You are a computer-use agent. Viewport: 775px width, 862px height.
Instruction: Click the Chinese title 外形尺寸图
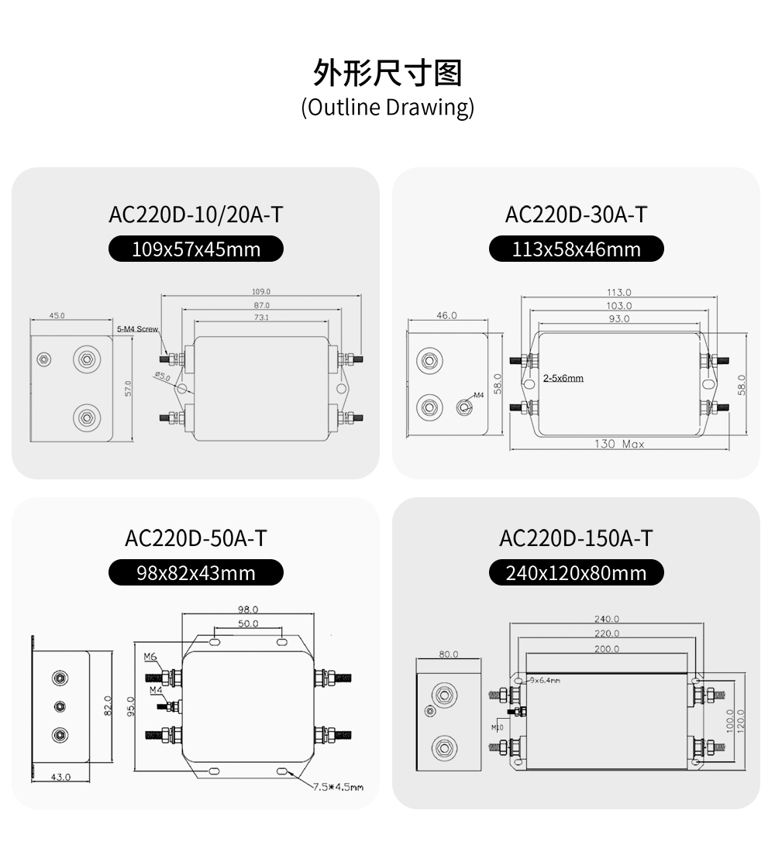[x=387, y=73]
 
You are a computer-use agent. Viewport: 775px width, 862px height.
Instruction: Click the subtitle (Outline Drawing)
[x=387, y=107]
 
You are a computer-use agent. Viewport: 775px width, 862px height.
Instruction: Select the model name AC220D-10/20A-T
[x=196, y=215]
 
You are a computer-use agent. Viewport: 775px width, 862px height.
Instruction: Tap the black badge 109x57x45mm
[x=196, y=249]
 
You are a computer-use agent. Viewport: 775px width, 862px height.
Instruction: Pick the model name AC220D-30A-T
[x=576, y=215]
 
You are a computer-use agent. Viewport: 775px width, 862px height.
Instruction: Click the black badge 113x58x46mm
[x=577, y=249]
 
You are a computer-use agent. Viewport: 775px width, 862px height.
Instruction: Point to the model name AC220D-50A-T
[x=196, y=538]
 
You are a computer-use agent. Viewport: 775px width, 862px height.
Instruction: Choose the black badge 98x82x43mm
[x=196, y=572]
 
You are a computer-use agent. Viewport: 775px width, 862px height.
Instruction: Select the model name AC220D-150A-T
[x=576, y=538]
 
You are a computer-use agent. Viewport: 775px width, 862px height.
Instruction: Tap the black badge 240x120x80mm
[x=576, y=572]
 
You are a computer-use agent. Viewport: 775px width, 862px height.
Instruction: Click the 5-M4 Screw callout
[x=137, y=329]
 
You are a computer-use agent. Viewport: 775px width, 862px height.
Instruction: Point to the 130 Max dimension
[x=619, y=444]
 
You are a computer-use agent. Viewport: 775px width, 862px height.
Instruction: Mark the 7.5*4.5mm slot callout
[x=338, y=787]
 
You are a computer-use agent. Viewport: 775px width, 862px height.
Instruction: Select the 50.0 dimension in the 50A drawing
[x=248, y=623]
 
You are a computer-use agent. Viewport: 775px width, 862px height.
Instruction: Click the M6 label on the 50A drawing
[x=150, y=657]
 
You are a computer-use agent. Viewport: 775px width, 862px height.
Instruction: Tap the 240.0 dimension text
[x=607, y=619]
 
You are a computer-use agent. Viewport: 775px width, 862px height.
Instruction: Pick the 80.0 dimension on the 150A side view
[x=449, y=654]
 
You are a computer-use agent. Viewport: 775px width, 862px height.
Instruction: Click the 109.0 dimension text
[x=261, y=292]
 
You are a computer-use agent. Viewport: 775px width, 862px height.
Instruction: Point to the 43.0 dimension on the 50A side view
[x=60, y=777]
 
